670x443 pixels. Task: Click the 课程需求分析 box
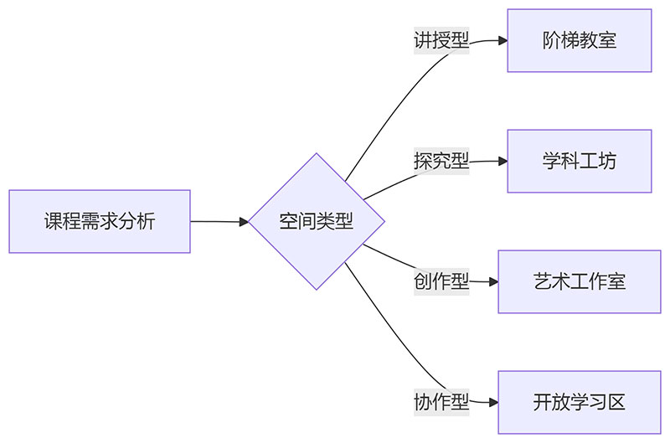coord(100,222)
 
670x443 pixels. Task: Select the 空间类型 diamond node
coord(317,222)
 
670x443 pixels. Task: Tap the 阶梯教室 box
coord(579,40)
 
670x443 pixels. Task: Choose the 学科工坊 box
coord(579,161)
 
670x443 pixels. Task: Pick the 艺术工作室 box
coord(579,281)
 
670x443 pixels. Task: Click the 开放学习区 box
coord(579,402)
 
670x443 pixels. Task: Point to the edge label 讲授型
coord(441,40)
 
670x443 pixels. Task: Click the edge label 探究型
coord(441,161)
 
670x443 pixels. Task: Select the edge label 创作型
coord(441,281)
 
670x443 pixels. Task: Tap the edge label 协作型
coord(441,402)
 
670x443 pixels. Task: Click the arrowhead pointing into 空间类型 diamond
coord(244,222)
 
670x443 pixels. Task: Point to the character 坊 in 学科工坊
coord(607,161)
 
